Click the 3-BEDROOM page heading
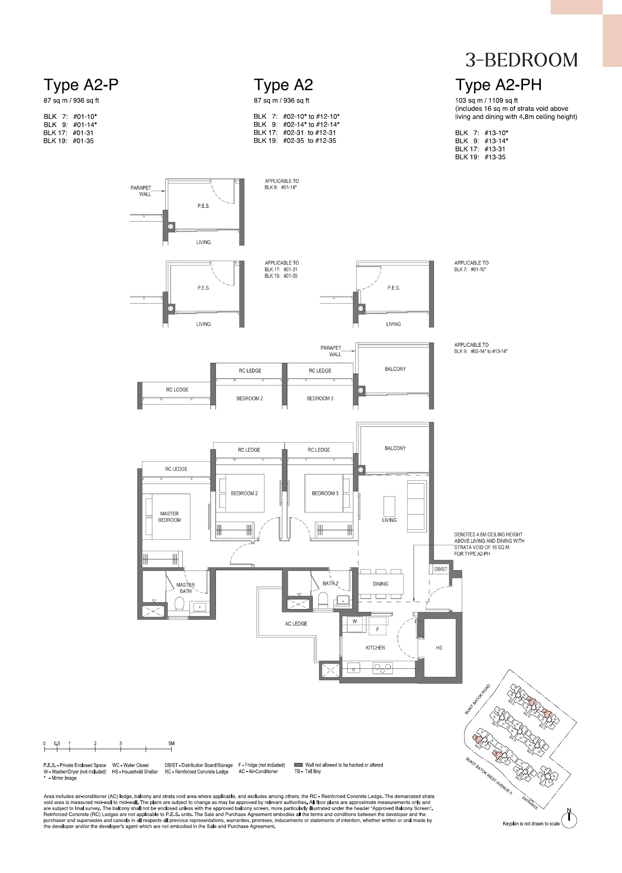click(521, 60)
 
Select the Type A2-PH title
click(498, 84)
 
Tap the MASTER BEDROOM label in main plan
click(169, 517)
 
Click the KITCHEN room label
click(375, 647)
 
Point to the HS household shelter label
click(439, 647)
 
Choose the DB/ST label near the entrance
click(441, 569)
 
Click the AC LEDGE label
click(296, 624)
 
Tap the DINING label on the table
click(380, 584)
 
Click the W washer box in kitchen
click(354, 622)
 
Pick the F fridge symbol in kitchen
click(377, 629)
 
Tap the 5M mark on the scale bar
click(171, 743)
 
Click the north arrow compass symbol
click(569, 820)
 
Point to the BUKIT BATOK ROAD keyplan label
click(477, 699)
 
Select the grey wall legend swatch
click(298, 765)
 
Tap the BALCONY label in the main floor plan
click(395, 448)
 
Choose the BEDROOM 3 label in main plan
click(325, 493)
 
